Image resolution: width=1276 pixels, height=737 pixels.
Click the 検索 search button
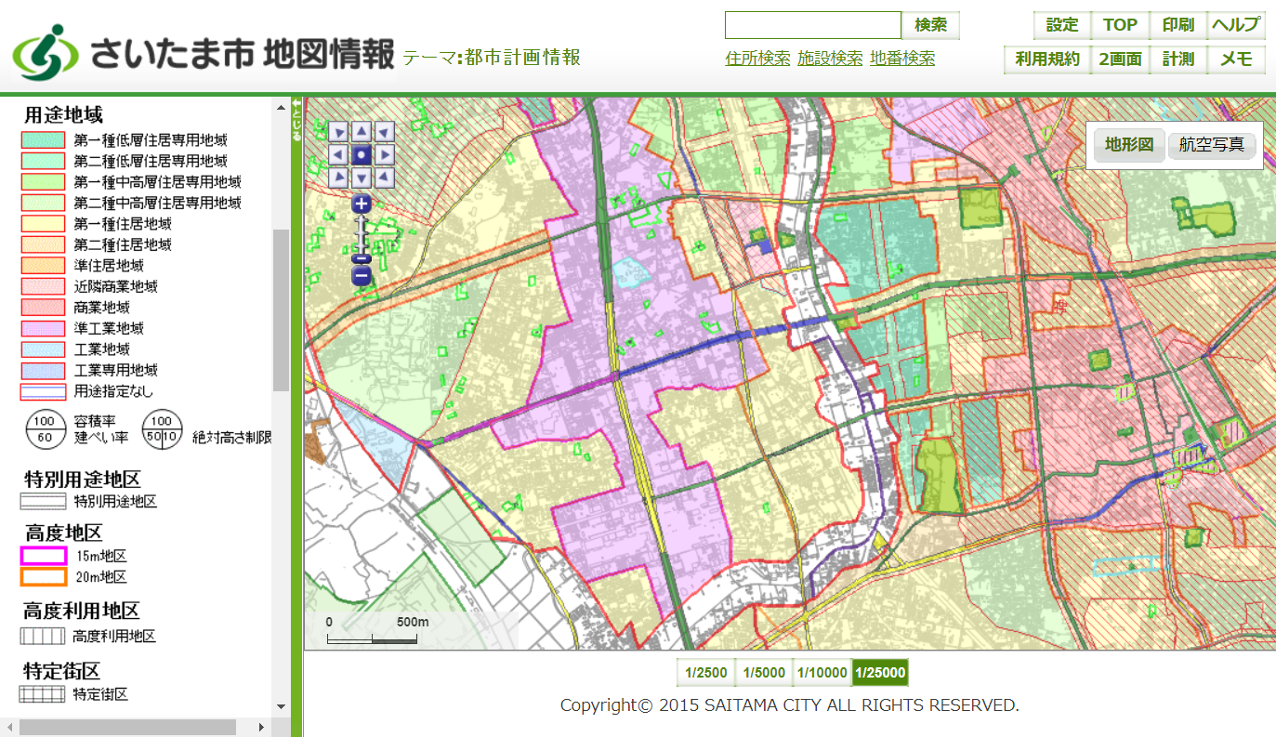[930, 25]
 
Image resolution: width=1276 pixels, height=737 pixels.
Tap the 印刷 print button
[1177, 25]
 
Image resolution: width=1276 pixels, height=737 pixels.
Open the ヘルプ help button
[1236, 25]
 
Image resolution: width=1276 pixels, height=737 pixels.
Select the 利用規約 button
[1047, 59]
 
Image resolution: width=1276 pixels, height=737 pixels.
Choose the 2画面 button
[1120, 59]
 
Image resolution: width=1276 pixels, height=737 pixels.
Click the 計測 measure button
[1177, 59]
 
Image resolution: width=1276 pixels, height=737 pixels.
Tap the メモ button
[1236, 59]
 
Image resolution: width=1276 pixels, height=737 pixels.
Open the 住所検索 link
[757, 59]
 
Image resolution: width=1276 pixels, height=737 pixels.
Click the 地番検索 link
[902, 59]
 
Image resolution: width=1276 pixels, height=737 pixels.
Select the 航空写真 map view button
[1212, 145]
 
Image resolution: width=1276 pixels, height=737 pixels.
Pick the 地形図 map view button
[1129, 145]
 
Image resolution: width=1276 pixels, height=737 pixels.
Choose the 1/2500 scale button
[706, 673]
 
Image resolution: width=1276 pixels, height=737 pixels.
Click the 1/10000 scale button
[822, 673]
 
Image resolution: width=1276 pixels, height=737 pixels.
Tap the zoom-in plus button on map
[362, 204]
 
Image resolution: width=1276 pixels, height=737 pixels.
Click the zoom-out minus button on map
[362, 276]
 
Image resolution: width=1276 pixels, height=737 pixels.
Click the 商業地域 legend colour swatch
[44, 308]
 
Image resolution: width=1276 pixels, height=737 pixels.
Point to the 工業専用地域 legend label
[116, 370]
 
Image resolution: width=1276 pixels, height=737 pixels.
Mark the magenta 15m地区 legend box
[44, 556]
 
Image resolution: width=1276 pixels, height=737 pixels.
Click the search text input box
[813, 25]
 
